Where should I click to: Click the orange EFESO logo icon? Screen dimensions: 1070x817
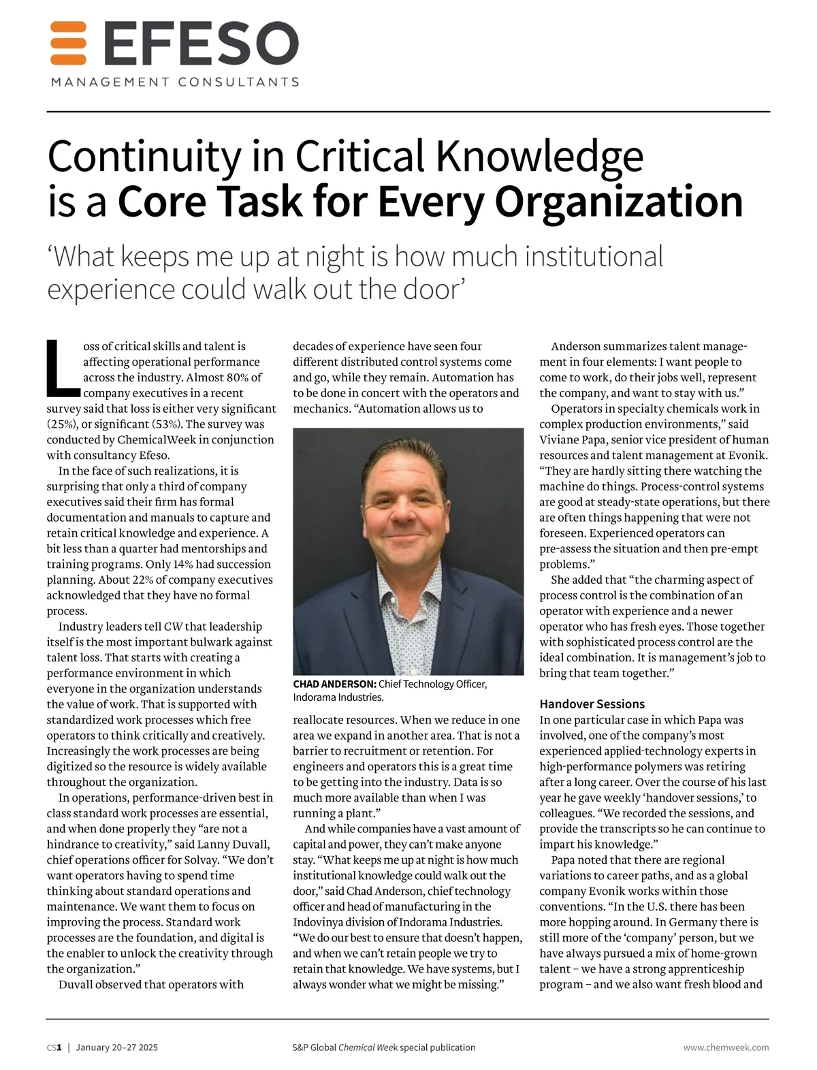coord(68,42)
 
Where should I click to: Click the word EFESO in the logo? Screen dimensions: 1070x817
coord(202,44)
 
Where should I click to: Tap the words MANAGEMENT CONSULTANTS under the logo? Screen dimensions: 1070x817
coord(175,82)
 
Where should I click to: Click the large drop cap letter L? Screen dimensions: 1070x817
coord(62,368)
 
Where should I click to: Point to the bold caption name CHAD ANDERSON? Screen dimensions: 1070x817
coord(334,684)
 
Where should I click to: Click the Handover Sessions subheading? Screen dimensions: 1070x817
coord(592,704)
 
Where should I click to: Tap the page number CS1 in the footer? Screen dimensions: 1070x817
coord(54,1048)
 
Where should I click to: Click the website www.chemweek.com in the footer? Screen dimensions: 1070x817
coord(726,1048)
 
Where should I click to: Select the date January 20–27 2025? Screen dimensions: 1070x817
coord(116,1048)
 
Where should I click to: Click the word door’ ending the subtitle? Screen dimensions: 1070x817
coord(434,289)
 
